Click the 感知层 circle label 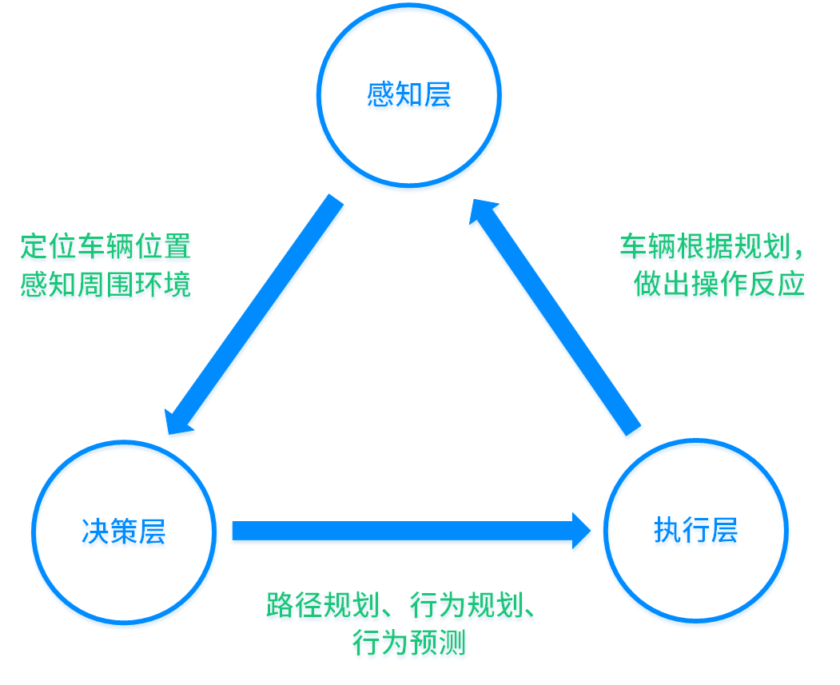408,95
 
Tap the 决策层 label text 124,532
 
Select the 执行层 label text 695,530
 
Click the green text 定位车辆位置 105,246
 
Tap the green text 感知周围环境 105,285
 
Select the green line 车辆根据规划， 711,246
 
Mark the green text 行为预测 408,643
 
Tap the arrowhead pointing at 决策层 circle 177,421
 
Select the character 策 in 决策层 124,532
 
